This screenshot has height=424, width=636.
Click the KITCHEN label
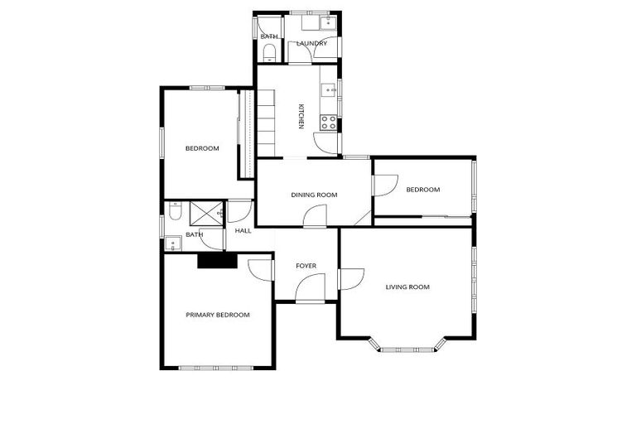coord(301,116)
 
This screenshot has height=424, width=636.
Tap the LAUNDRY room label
coord(312,43)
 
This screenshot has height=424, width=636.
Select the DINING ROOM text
coord(314,195)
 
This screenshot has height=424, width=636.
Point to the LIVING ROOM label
coord(407,287)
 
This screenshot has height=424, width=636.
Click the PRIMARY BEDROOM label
coord(217,315)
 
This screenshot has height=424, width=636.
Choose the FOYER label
coord(306,266)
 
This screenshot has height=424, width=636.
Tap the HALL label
coord(243,231)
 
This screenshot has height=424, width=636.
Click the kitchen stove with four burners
coord(329,123)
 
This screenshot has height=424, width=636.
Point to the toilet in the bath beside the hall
coord(173,214)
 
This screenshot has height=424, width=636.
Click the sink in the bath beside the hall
coord(172,243)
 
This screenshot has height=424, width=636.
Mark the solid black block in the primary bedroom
coord(217,260)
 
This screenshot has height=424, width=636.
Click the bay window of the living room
coord(411,346)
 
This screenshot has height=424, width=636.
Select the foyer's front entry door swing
coord(310,287)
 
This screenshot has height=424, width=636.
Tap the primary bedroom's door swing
coord(261,269)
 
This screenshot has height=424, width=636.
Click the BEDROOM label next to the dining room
coord(422,190)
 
